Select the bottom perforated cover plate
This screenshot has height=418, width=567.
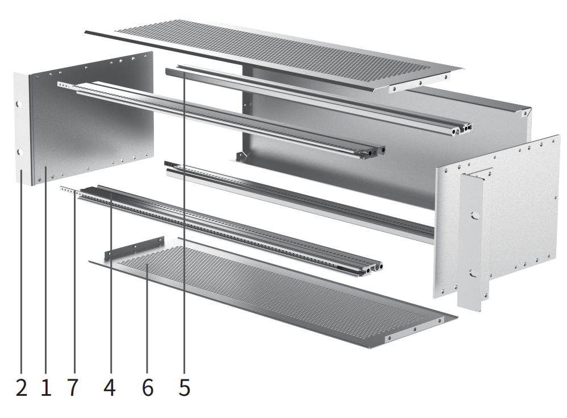(273, 290)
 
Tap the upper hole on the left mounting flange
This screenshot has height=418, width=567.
(18, 105)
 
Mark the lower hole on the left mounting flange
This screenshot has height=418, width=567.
(18, 152)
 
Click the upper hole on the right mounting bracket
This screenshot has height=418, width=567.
(473, 216)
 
